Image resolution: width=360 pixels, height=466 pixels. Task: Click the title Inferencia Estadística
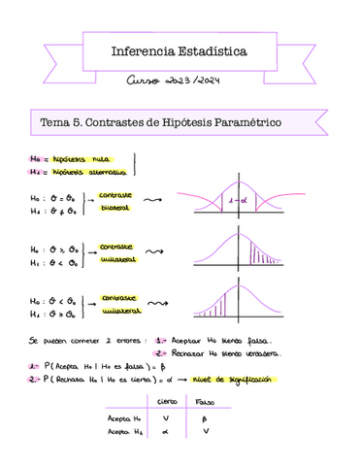[x=180, y=48]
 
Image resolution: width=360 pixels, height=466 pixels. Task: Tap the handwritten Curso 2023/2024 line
[x=180, y=81]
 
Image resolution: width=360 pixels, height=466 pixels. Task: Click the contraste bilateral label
[x=116, y=201]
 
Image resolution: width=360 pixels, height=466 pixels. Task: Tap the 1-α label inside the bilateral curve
[x=234, y=200]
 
